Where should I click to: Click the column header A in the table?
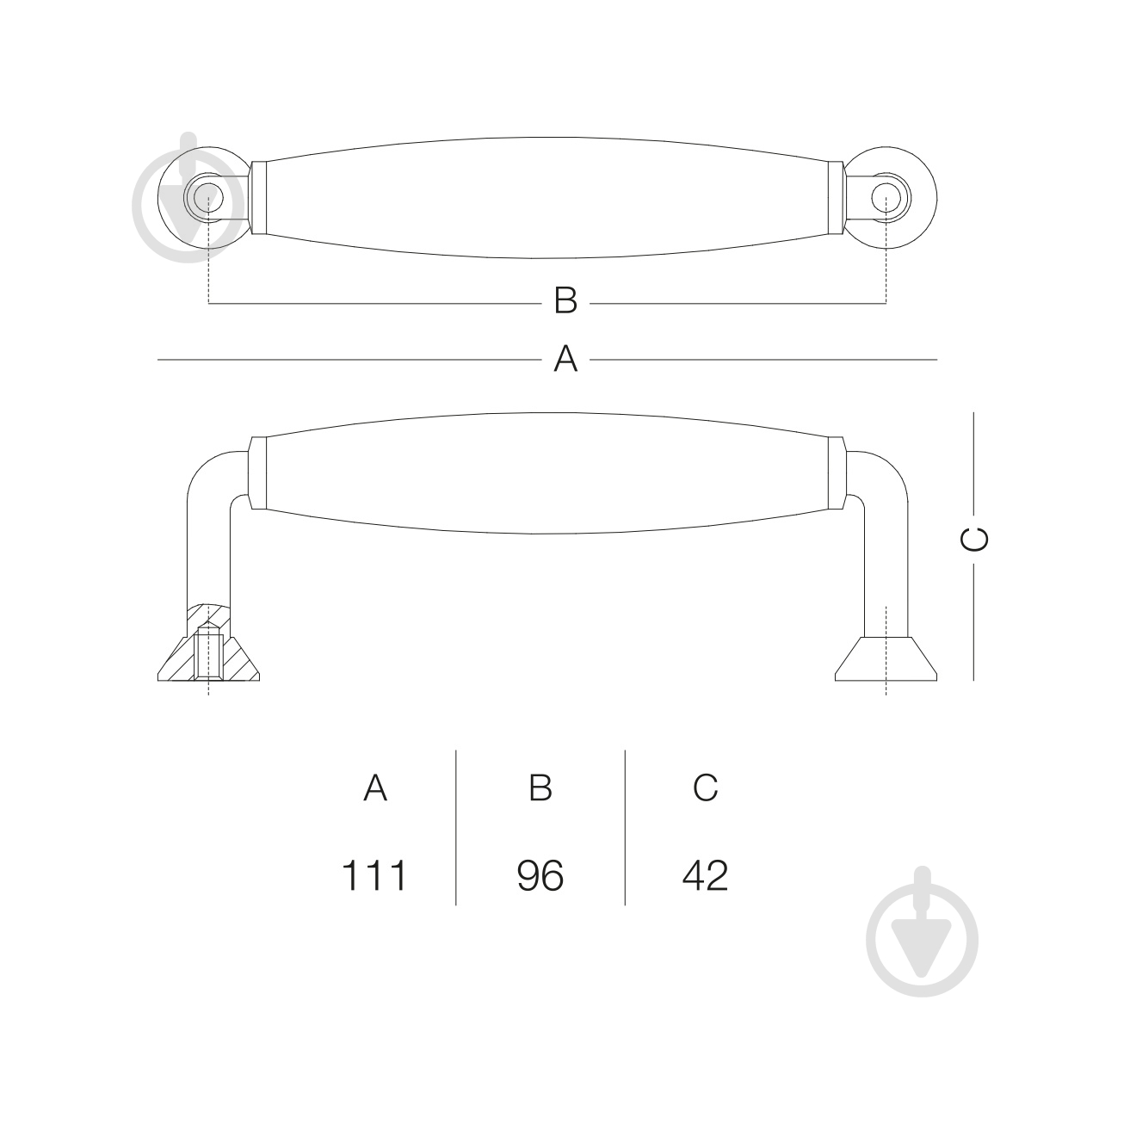point(375,787)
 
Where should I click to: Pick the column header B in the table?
point(540,787)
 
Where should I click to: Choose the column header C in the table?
point(706,787)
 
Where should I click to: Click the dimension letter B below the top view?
point(566,300)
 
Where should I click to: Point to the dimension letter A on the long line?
point(566,358)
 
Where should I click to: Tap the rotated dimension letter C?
point(974,540)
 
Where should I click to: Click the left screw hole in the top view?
point(209,197)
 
